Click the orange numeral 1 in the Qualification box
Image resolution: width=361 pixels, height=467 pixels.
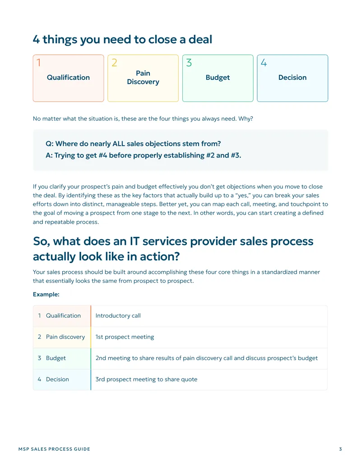click(x=38, y=63)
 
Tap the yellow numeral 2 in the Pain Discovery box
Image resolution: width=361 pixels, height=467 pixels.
click(x=114, y=63)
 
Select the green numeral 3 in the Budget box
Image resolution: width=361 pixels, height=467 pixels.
click(x=189, y=63)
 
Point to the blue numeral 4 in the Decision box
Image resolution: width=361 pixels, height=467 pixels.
click(x=264, y=63)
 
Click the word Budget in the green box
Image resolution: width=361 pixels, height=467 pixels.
click(x=218, y=78)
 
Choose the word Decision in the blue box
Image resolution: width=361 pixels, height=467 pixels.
click(x=292, y=78)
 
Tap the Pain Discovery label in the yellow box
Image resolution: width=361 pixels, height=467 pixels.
click(x=143, y=78)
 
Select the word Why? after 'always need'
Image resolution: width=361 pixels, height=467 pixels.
click(x=246, y=119)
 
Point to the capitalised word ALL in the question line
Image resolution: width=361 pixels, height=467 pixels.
click(x=119, y=143)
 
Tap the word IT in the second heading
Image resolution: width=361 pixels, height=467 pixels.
click(x=134, y=241)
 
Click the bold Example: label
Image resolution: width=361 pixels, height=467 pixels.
click(x=46, y=294)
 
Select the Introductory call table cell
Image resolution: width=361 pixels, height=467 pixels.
click(x=118, y=316)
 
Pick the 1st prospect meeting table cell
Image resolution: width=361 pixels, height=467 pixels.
click(x=125, y=337)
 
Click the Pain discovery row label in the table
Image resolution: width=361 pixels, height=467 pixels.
click(x=65, y=337)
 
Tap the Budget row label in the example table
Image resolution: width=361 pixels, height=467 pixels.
click(x=56, y=358)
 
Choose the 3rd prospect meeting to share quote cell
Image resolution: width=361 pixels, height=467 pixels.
click(x=146, y=379)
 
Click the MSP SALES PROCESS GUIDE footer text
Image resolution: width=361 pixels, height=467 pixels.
click(x=54, y=449)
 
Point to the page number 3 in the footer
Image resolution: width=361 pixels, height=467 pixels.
click(x=340, y=449)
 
